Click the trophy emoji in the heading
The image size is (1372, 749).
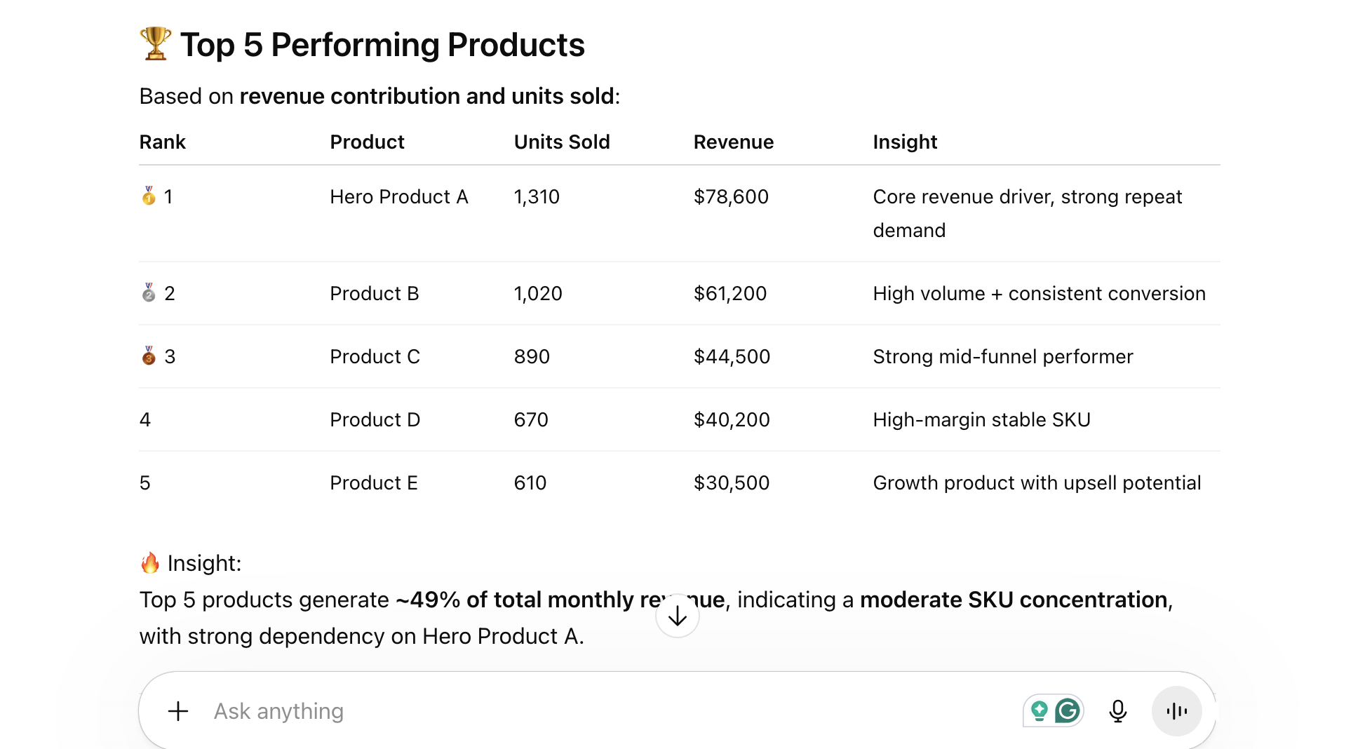[x=155, y=43]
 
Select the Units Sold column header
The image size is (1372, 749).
[x=562, y=142]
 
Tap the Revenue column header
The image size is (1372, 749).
[x=733, y=142]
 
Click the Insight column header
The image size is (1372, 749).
[x=905, y=142]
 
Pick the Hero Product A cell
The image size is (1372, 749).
[x=398, y=196]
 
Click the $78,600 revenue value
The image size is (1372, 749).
[x=731, y=196]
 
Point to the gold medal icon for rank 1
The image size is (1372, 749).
[x=149, y=196]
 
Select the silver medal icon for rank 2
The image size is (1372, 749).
[x=149, y=292]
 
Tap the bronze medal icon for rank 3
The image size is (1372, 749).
[x=149, y=356]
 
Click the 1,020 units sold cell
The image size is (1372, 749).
[x=538, y=293]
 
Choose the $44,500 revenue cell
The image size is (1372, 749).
[x=732, y=356]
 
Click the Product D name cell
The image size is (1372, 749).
[x=375, y=419]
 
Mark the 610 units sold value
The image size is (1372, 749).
[x=530, y=483]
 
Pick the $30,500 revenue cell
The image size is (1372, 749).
[x=732, y=483]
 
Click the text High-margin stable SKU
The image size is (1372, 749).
[x=981, y=419]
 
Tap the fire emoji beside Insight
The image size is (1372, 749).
[x=150, y=562]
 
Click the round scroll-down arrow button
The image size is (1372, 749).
[x=678, y=616]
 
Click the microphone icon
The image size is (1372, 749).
[x=1118, y=711]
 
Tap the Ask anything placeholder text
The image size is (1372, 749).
[x=278, y=711]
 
